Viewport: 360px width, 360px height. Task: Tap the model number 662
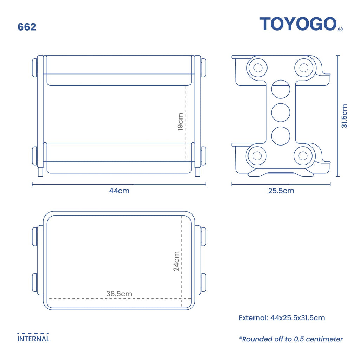pyautogui.click(x=27, y=27)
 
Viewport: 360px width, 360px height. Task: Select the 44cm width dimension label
pyautogui.click(x=119, y=191)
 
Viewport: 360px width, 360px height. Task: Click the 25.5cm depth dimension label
pyautogui.click(x=281, y=191)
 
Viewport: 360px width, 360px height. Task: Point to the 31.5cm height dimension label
pyautogui.click(x=345, y=116)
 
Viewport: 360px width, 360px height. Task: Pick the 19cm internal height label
pyautogui.click(x=180, y=122)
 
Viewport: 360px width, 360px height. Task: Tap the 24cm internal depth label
pyautogui.click(x=176, y=261)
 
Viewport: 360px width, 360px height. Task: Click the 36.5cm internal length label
pyautogui.click(x=119, y=294)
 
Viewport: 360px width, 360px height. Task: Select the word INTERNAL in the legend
pyautogui.click(x=33, y=339)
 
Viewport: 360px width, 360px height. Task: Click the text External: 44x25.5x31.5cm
pyautogui.click(x=282, y=318)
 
